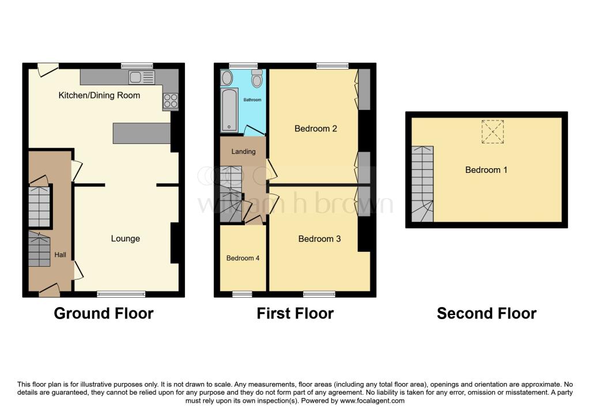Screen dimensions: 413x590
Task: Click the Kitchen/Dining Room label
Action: (x=99, y=95)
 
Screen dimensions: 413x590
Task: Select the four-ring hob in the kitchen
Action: (x=171, y=101)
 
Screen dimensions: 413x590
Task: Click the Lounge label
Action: (x=125, y=238)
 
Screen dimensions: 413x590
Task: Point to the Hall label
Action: (x=60, y=254)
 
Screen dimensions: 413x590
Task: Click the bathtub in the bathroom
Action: (x=229, y=109)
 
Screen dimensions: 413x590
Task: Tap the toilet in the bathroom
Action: (x=256, y=79)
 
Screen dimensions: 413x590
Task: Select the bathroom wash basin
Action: (x=227, y=78)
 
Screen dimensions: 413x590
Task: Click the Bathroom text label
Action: (x=252, y=100)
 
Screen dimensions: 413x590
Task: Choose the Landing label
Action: (x=239, y=152)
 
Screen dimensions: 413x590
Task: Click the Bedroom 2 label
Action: (x=315, y=128)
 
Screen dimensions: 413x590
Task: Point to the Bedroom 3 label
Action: (x=319, y=238)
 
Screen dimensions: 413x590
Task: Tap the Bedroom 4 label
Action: (x=243, y=258)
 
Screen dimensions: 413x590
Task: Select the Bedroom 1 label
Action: (x=486, y=170)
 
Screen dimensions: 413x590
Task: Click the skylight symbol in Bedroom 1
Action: (x=493, y=131)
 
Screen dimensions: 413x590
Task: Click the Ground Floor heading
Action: (x=104, y=313)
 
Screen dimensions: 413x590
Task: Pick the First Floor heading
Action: (x=295, y=313)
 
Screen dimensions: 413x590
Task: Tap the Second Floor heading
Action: (x=486, y=313)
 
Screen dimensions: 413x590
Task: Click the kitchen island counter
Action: (x=142, y=133)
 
